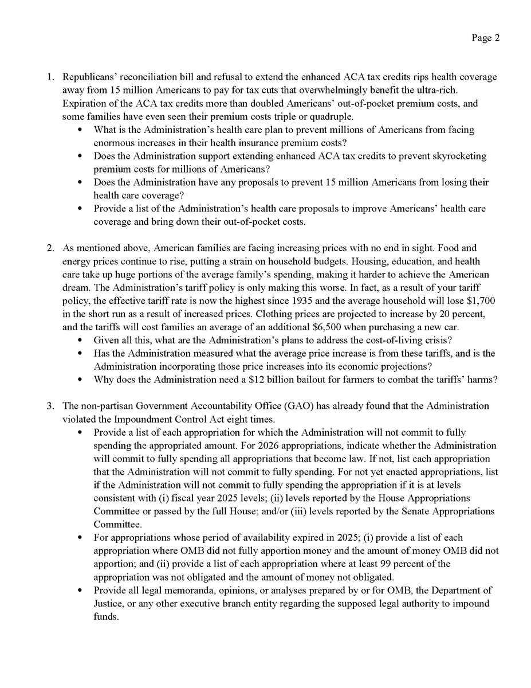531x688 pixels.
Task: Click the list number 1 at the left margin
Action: [x=50, y=77]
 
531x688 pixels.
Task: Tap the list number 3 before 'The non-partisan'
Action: [x=50, y=406]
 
